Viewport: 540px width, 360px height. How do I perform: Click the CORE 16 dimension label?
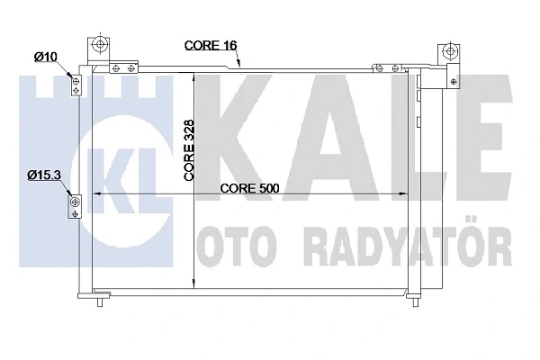pos(211,44)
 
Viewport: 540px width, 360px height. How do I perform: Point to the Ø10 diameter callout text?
pos(46,58)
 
